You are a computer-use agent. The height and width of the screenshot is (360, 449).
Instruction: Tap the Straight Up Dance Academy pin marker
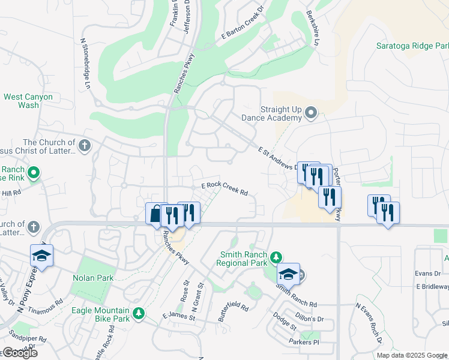(310, 112)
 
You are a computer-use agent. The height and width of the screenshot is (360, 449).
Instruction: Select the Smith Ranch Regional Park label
(243, 259)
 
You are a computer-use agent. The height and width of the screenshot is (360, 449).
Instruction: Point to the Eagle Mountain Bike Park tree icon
(139, 313)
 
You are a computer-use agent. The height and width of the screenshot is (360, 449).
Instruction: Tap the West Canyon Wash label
(28, 101)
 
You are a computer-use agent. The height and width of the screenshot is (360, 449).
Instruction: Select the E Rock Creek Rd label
(224, 189)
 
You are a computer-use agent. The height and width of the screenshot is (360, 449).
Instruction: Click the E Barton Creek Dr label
(242, 24)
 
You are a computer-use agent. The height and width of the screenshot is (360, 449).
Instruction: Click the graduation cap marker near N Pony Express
(41, 256)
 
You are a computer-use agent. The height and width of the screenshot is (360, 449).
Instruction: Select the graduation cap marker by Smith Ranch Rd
(289, 274)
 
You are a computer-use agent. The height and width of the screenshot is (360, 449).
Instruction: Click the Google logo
(19, 353)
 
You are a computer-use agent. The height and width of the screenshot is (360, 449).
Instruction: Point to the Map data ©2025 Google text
(412, 355)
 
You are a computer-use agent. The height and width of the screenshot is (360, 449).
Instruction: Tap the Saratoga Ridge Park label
(412, 46)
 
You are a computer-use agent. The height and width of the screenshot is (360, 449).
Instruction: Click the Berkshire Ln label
(313, 28)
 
